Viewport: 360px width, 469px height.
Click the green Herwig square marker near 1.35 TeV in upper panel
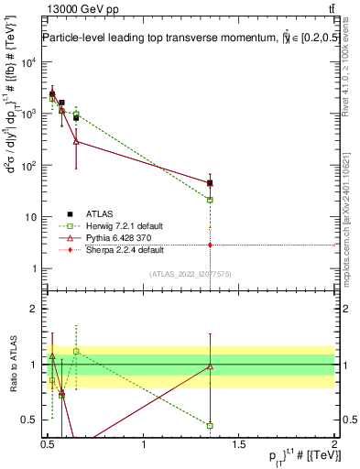(211, 200)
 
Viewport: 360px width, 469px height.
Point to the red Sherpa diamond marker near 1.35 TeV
(211, 245)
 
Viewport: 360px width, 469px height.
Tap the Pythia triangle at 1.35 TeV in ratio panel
(211, 366)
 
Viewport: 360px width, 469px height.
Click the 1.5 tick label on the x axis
(240, 444)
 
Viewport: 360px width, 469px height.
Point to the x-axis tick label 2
(334, 444)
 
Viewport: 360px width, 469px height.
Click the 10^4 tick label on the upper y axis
(28, 63)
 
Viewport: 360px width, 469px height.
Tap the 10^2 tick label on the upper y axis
(28, 166)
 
